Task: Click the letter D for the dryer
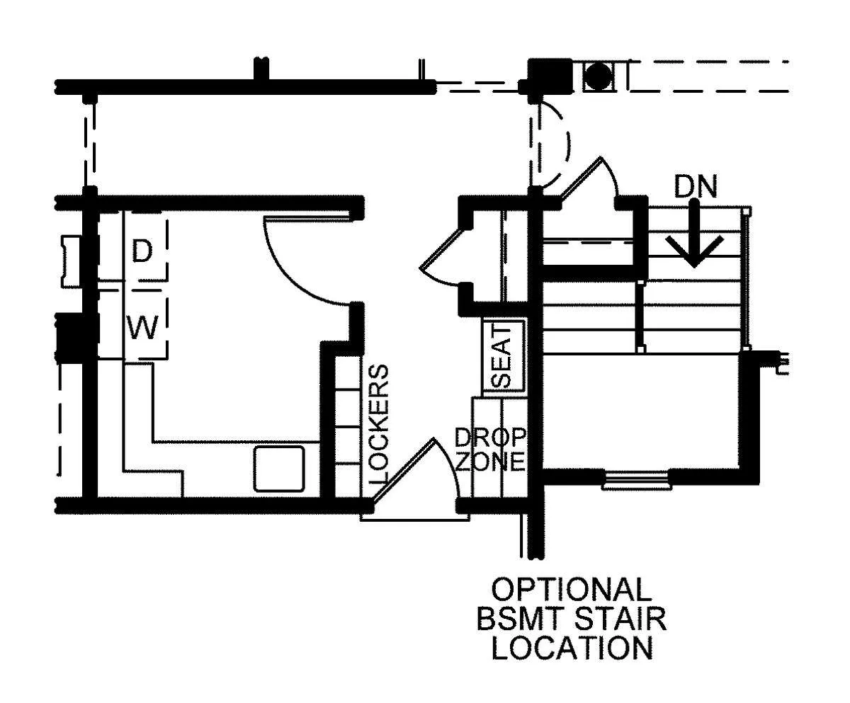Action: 142,251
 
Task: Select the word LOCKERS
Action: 378,424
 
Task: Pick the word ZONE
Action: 489,462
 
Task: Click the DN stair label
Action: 696,187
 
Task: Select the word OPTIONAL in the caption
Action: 572,590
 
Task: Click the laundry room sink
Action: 279,469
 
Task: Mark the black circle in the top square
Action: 599,76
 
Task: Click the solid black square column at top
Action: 550,75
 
